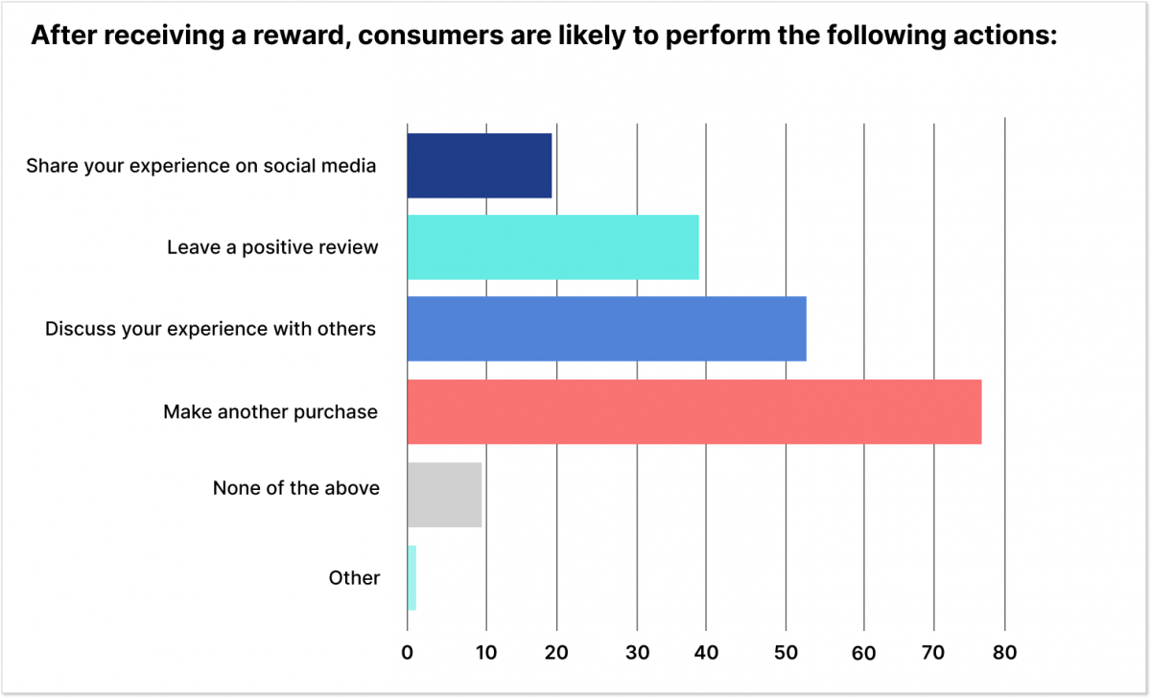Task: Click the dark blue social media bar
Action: [x=480, y=166]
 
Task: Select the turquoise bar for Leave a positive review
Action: [x=552, y=247]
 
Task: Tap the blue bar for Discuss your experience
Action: [x=606, y=329]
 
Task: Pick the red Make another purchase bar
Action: [x=694, y=411]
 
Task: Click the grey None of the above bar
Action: [x=444, y=494]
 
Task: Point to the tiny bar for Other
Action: [x=411, y=577]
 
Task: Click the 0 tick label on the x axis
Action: [x=408, y=654]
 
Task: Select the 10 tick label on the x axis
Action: [x=486, y=654]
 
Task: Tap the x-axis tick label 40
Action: [x=706, y=654]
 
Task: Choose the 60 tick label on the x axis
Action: [x=864, y=654]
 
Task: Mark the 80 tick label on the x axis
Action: [x=1004, y=654]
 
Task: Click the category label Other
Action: [x=354, y=578]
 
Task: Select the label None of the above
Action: [x=296, y=488]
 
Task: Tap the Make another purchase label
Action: [x=270, y=412]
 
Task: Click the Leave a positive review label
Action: [x=272, y=247]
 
